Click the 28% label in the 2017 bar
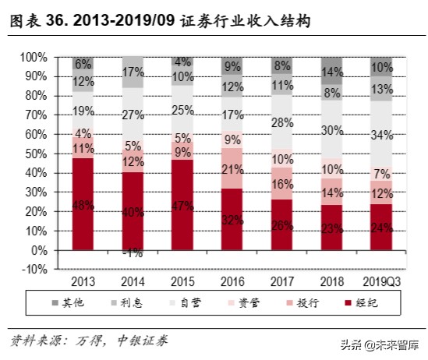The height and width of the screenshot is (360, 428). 283,122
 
